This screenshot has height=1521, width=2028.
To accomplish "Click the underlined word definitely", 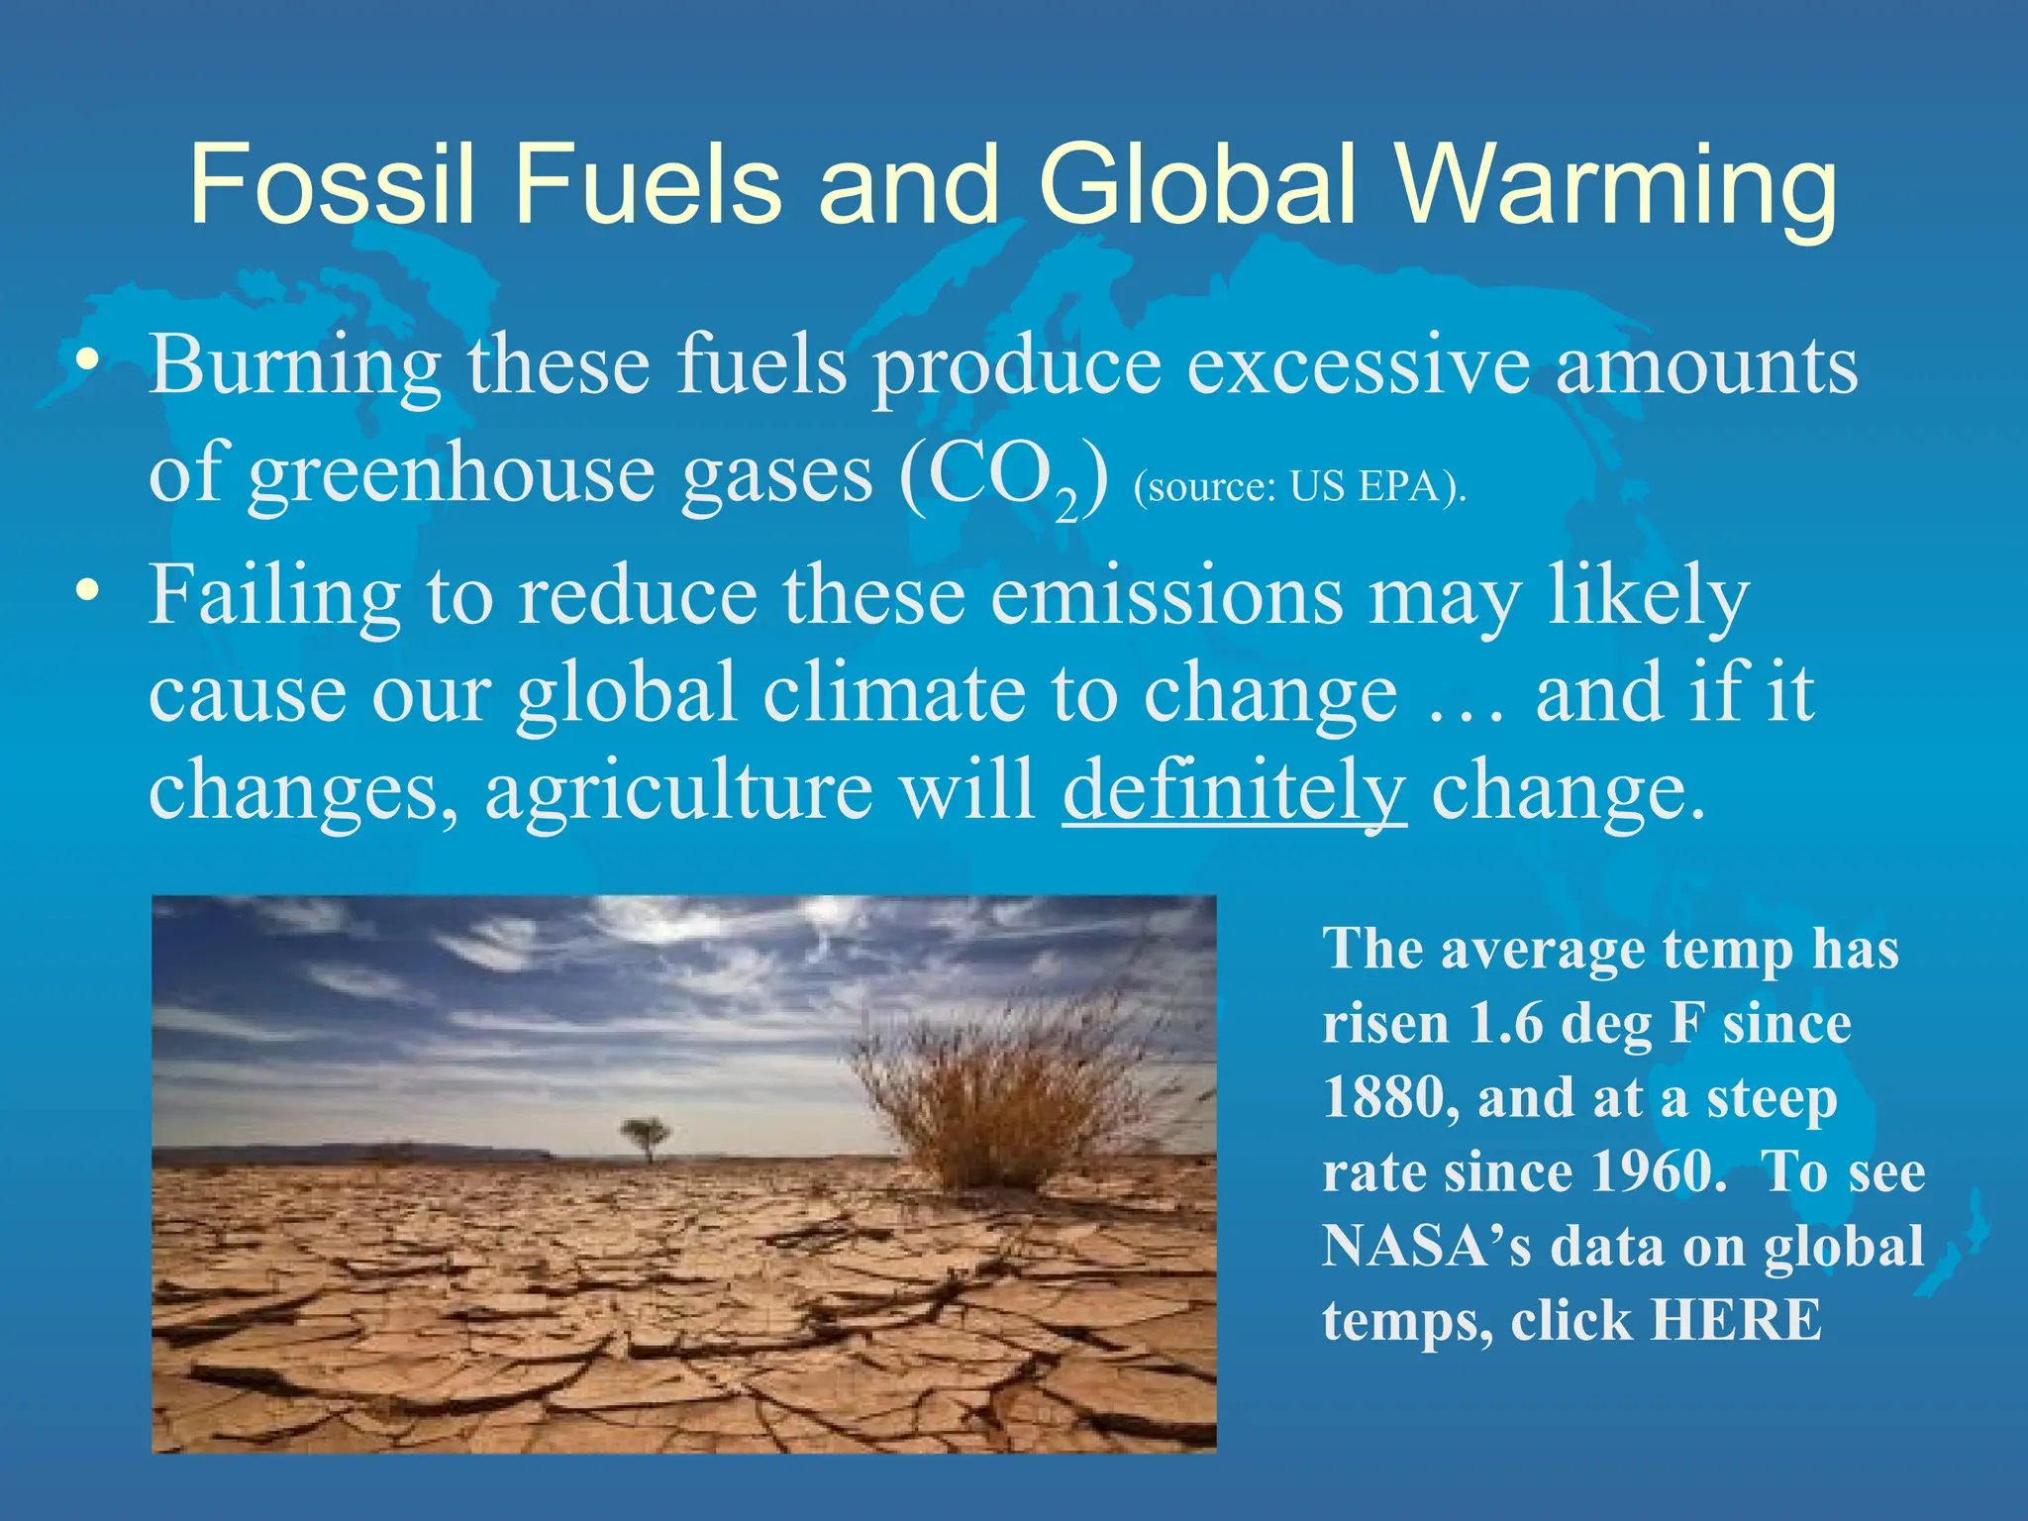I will pyautogui.click(x=1234, y=790).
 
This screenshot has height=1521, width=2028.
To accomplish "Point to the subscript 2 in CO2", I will pyautogui.click(x=1065, y=507).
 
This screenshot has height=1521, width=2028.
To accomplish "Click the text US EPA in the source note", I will pyautogui.click(x=1365, y=487).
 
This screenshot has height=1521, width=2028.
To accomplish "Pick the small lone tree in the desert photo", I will pyautogui.click(x=646, y=1135).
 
